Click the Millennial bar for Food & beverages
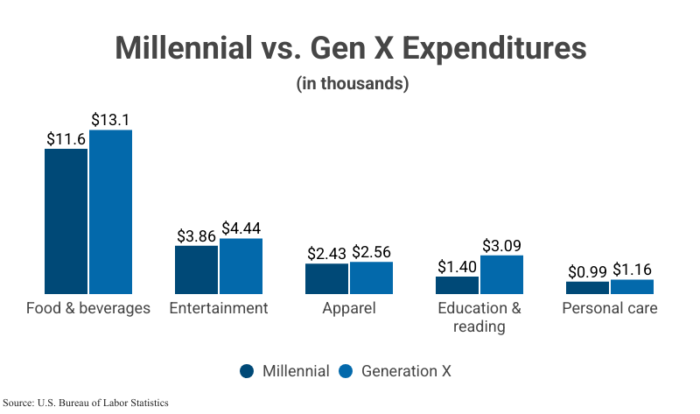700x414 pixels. pos(66,221)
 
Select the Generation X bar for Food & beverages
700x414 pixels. pos(110,211)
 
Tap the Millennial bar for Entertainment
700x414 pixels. pos(197,269)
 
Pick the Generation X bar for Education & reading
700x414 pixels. pos(501,274)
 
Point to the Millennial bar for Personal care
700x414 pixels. pos(588,287)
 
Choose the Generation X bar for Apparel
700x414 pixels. pos(371,277)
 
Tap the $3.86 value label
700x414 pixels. pos(197,235)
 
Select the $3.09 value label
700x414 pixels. pos(501,245)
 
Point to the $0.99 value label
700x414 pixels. pos(588,271)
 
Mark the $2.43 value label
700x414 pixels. pos(328,253)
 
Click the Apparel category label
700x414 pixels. pos(349,308)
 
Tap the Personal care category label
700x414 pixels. pos(609,308)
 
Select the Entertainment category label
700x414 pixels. pos(219,308)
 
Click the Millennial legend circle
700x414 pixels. pos(248,371)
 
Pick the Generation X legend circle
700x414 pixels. pos(345,371)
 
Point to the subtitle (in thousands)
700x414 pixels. pos(350,84)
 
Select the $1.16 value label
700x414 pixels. pos(632,270)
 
